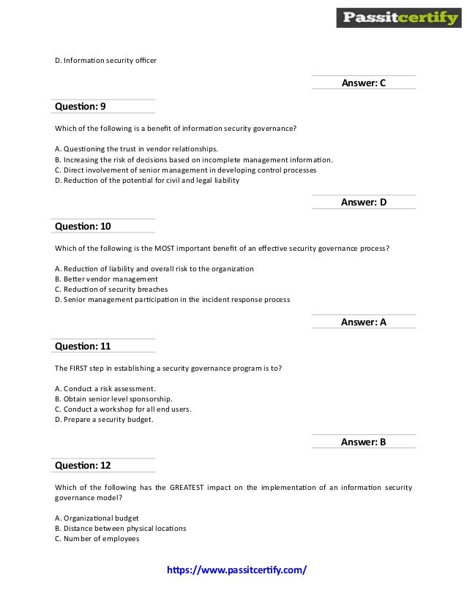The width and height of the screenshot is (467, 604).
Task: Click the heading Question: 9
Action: point(81,106)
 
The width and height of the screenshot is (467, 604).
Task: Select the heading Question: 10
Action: point(83,226)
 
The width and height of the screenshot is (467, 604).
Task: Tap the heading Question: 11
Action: point(83,346)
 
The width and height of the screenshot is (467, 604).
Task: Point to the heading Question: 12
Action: point(83,465)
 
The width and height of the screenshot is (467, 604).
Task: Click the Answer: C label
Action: point(363,83)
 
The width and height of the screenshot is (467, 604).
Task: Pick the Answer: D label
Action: point(363,203)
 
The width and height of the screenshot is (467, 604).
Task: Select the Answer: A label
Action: point(363,322)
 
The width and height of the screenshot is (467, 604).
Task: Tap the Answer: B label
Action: point(363,442)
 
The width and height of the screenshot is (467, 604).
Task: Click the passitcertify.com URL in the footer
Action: point(237,569)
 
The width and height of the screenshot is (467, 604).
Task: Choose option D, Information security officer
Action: point(105,60)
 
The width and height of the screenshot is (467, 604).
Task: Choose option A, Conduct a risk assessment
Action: point(105,388)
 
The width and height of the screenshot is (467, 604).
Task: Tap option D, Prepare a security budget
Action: point(104,419)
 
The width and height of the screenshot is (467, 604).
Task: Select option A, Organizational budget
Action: point(97,518)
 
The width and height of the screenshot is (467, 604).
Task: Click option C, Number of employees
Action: point(97,538)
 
